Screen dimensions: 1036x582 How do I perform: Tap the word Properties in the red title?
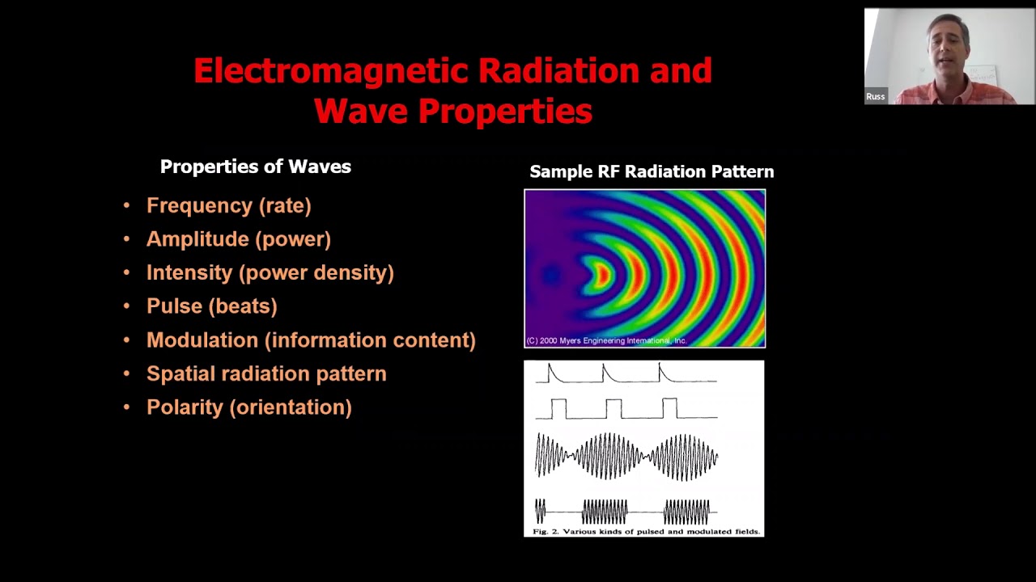click(505, 112)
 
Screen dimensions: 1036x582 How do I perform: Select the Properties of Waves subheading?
click(255, 167)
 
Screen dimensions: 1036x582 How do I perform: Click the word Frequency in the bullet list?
click(199, 206)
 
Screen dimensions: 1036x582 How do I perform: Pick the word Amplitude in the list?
click(197, 239)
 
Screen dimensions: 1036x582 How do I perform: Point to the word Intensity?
click(189, 273)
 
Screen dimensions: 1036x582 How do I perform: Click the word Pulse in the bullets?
click(174, 306)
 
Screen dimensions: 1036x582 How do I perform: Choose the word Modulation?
click(202, 340)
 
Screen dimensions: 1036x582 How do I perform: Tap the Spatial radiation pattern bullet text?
click(266, 373)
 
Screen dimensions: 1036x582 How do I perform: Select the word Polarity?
click(185, 407)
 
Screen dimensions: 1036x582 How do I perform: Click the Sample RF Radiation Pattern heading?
click(652, 172)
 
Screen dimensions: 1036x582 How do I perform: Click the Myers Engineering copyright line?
click(606, 341)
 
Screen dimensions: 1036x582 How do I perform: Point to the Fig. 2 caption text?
click(646, 532)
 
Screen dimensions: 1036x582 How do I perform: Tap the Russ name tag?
click(875, 96)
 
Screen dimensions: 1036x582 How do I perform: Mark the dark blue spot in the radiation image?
click(551, 275)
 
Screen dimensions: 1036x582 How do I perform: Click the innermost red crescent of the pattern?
click(603, 276)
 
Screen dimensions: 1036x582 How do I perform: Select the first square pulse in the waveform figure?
click(558, 409)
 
